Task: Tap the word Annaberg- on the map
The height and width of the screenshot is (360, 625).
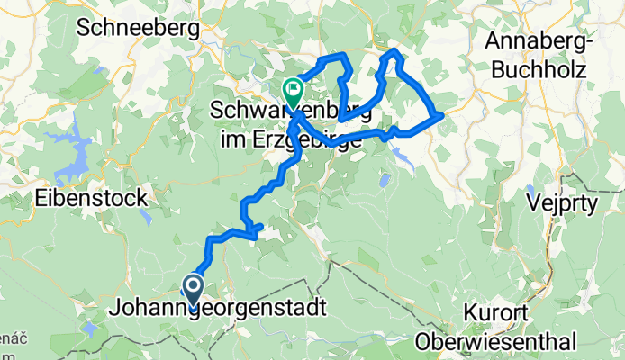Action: pos(533,40)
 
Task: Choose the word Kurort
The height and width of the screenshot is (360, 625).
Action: pos(497,315)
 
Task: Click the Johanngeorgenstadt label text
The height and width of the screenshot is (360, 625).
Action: pos(217,308)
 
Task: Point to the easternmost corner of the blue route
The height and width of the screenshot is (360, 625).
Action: pos(440,115)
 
